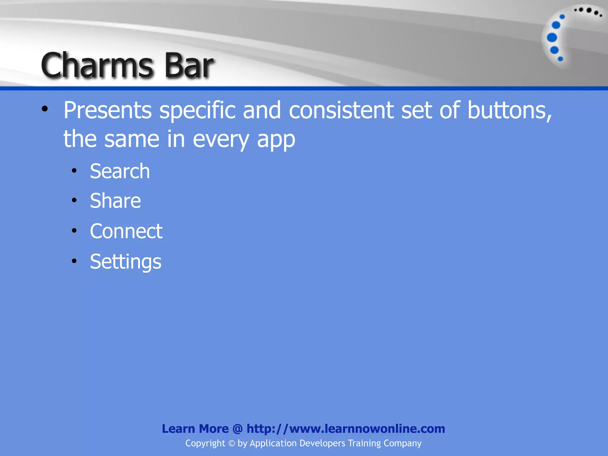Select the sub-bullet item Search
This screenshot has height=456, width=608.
(120, 171)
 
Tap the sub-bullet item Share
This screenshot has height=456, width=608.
(115, 201)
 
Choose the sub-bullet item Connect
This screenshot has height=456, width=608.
(126, 231)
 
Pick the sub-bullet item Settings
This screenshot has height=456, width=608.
(126, 262)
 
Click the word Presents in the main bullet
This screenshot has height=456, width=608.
(107, 110)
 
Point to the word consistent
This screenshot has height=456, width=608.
(341, 110)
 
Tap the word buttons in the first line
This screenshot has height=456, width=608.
(509, 110)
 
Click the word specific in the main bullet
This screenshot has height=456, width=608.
(197, 110)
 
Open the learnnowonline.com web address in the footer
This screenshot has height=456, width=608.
(346, 429)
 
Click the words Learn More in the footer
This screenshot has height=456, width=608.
(195, 429)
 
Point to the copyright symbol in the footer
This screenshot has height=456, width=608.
(232, 443)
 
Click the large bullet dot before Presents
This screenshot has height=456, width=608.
(45, 109)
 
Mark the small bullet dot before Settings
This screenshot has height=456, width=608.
(74, 261)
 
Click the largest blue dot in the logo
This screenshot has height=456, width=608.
(552, 38)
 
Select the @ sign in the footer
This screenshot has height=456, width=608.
(237, 429)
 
